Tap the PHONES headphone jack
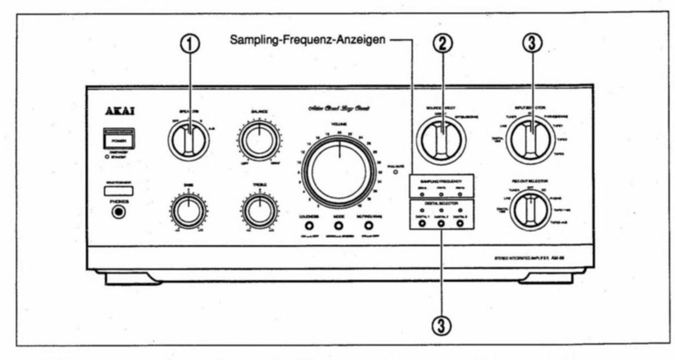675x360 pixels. click(x=119, y=213)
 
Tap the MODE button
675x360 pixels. click(x=339, y=226)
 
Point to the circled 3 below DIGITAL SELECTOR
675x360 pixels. click(x=442, y=325)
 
